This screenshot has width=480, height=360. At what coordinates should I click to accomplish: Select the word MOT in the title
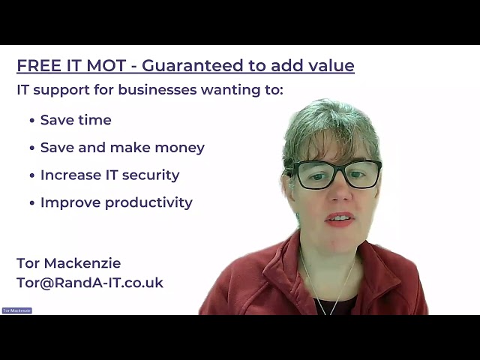point(106,65)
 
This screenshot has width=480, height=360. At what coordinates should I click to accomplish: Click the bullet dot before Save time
point(32,121)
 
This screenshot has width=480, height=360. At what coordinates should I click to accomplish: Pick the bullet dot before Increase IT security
point(32,175)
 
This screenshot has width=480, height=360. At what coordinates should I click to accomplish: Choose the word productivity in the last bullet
point(148,202)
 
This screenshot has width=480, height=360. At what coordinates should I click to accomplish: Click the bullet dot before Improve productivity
point(32,203)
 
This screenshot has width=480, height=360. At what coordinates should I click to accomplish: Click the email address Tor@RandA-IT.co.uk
point(90,283)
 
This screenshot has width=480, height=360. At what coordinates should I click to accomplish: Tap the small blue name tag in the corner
point(17,310)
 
